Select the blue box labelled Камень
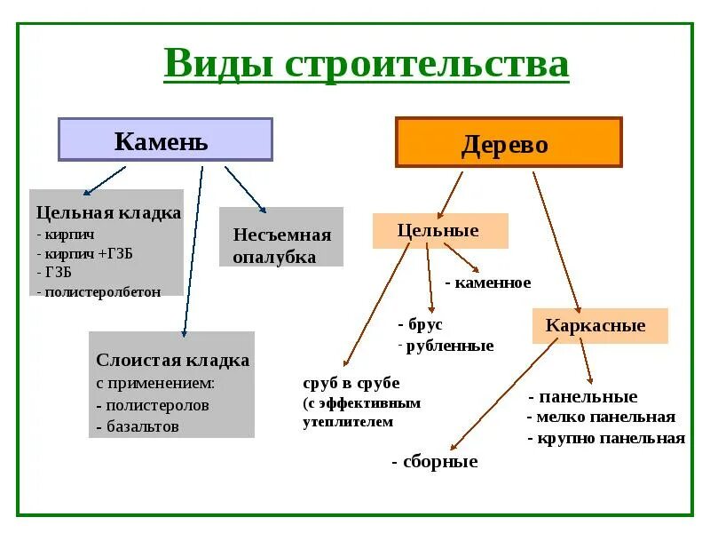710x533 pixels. coord(165,140)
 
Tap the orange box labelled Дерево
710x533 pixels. coord(508,143)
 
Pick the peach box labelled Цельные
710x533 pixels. coord(439,231)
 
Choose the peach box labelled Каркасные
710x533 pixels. coord(599,326)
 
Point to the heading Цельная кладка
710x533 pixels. coord(108,213)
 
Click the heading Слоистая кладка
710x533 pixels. coord(172,361)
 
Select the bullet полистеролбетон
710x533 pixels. coord(99,291)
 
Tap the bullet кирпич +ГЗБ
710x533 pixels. coord(85,252)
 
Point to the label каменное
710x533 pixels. coord(488,283)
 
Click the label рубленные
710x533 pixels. coord(447,346)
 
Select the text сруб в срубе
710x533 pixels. coord(351,384)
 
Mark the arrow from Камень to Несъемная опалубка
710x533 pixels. coord(245,188)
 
